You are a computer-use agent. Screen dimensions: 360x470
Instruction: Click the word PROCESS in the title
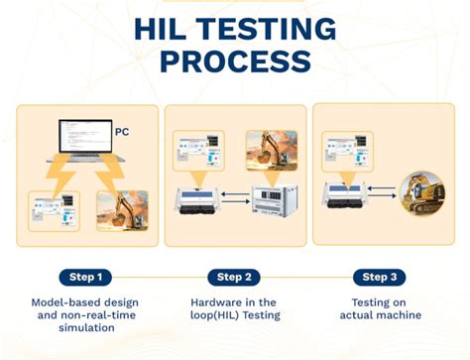pyautogui.click(x=235, y=62)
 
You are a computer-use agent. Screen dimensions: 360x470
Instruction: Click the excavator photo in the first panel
pyautogui.click(x=122, y=210)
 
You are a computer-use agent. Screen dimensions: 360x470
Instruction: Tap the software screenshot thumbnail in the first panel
pyautogui.click(x=55, y=210)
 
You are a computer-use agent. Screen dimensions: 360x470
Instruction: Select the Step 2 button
pyautogui.click(x=234, y=277)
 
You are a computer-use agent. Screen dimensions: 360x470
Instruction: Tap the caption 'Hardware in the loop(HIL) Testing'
pyautogui.click(x=235, y=307)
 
